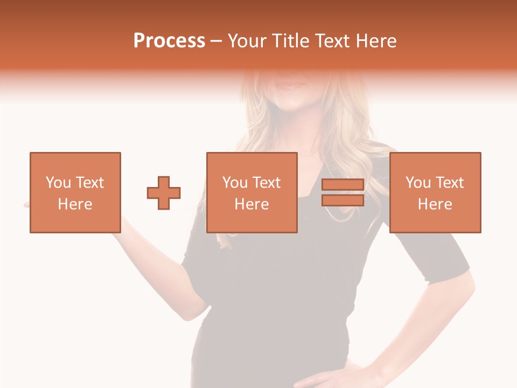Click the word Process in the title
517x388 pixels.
[x=169, y=40]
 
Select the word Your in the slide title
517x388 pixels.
[x=247, y=40]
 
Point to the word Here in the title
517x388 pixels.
[x=375, y=40]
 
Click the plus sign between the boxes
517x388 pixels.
[x=164, y=192]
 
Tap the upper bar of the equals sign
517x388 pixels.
[x=343, y=184]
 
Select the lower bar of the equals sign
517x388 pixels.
[x=343, y=200]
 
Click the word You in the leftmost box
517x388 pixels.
[x=58, y=183]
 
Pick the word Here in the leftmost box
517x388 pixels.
[x=75, y=204]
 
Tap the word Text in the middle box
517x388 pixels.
[x=267, y=183]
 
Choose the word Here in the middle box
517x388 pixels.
[x=251, y=204]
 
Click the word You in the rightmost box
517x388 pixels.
[x=418, y=183]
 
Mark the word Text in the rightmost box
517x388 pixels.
[x=450, y=183]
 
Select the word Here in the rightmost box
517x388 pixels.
[x=435, y=204]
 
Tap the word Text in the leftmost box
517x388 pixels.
[x=90, y=183]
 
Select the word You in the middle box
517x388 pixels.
[x=235, y=183]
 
